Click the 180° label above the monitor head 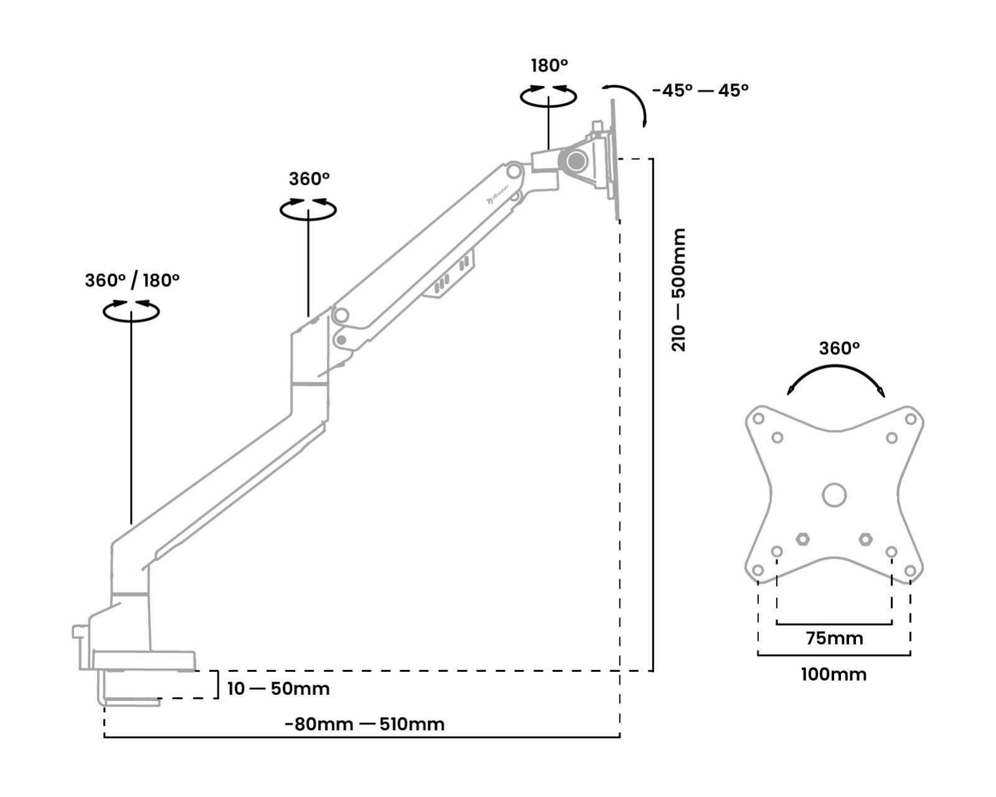pos(549,65)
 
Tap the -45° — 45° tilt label pos(700,90)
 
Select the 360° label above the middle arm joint pos(309,179)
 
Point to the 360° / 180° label pos(132,280)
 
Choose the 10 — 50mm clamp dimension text pos(278,689)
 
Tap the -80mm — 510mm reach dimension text pos(365,724)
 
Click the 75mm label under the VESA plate pos(834,638)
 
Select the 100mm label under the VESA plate pos(834,674)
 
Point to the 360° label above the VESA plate pos(839,348)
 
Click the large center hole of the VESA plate pos(834,496)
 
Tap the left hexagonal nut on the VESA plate pos(803,539)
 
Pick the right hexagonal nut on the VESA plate pos(865,539)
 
